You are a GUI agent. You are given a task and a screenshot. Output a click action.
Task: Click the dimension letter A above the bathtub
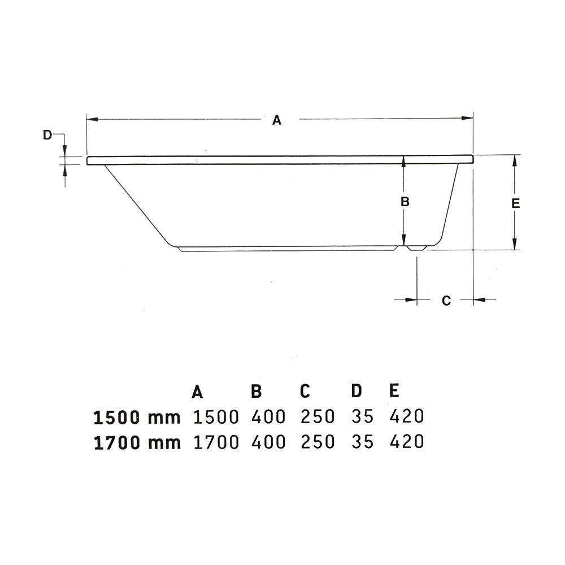click(x=276, y=120)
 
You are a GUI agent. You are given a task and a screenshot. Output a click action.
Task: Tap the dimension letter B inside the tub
click(x=405, y=202)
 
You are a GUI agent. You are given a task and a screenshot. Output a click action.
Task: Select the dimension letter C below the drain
click(x=446, y=301)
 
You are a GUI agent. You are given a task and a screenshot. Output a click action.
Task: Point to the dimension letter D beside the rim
click(x=47, y=135)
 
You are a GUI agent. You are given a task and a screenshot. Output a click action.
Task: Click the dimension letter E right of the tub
click(x=516, y=203)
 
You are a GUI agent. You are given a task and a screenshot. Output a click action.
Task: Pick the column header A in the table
click(x=197, y=392)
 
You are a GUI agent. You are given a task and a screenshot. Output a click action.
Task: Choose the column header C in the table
click(x=305, y=391)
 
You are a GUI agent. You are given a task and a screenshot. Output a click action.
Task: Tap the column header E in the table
click(x=394, y=390)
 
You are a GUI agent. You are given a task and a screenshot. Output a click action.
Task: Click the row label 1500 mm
click(x=137, y=418)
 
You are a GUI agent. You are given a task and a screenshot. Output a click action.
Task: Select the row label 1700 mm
click(x=137, y=443)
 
